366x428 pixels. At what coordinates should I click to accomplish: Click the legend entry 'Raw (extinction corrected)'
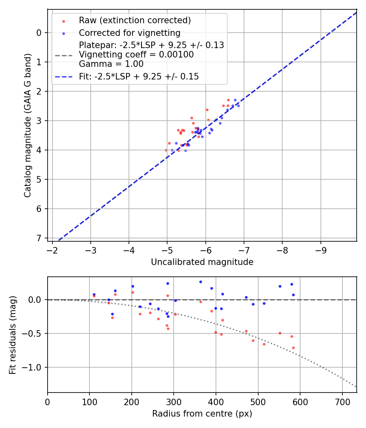135,20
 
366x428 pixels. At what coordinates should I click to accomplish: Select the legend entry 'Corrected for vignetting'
129,33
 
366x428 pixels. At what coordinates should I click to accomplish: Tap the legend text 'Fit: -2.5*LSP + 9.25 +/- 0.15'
139,76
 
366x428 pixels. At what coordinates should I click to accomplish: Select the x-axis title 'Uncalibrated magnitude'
202,262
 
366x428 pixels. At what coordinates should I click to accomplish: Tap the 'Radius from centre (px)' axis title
202,414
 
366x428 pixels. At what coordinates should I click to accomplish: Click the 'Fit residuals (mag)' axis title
13,335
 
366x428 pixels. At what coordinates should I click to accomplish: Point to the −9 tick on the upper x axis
321,249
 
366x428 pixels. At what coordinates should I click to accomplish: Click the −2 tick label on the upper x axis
52,249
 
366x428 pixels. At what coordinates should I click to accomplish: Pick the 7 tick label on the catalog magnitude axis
39,238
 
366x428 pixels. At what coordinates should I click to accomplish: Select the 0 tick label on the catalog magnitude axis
39,33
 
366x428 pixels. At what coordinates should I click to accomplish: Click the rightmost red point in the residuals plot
293,348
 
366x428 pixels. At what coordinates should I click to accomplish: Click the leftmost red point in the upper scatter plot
166,150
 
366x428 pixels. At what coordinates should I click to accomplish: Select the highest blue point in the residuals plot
200,282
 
